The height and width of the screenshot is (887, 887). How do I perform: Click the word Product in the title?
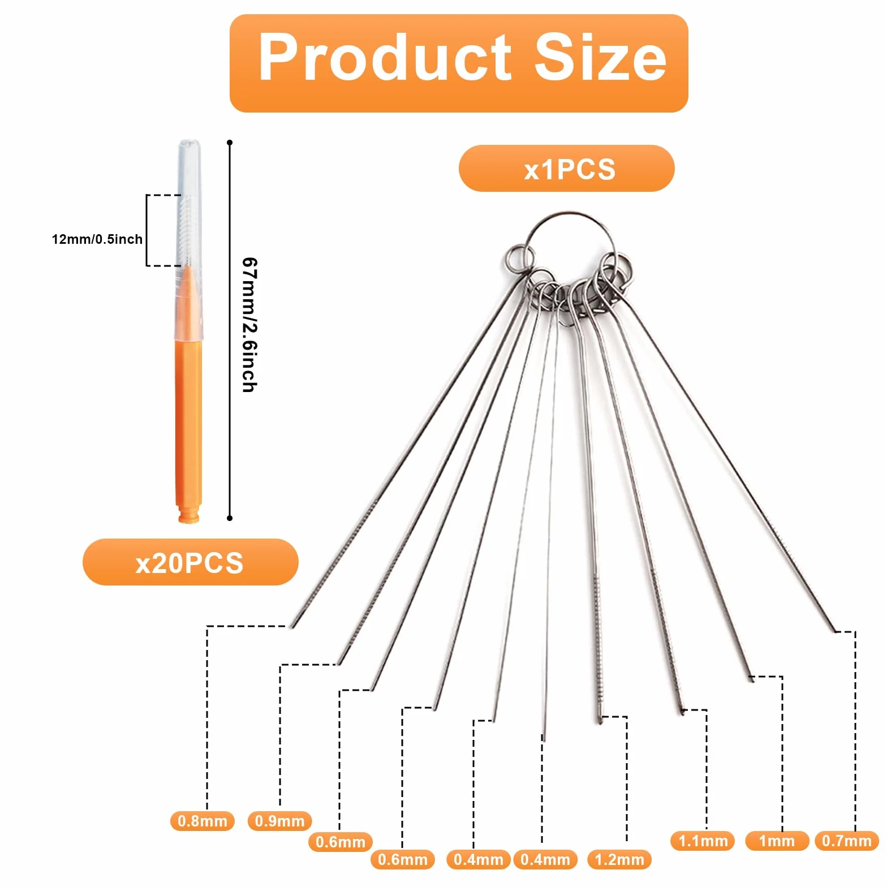pos(385,57)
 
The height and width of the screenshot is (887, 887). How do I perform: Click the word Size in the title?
pos(600,57)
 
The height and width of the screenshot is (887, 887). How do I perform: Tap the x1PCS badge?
pos(566,169)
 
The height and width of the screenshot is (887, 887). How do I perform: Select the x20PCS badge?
pos(190,562)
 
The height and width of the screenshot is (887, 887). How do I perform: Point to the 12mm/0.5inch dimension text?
pos(97,239)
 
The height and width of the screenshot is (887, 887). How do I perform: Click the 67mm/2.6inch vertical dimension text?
pos(249,325)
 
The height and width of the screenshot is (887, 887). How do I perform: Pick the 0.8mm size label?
pos(202,821)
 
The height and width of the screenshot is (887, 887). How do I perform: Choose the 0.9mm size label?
pos(279,821)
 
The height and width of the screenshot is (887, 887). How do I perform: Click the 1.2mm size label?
pos(619,860)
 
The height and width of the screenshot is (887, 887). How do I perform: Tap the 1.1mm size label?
pos(703,841)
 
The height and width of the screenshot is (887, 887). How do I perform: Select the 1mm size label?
pos(777,841)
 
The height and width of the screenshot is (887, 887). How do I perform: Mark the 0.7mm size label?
pos(847,841)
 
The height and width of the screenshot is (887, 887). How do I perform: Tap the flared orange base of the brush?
pos(189,515)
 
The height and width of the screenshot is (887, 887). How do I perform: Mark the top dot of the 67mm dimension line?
pos(230,143)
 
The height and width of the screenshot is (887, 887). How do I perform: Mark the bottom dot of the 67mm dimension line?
pos(230,518)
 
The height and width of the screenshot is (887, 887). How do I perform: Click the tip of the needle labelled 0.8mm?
pos(292,627)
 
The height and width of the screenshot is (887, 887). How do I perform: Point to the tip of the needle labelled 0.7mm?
pos(835,631)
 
